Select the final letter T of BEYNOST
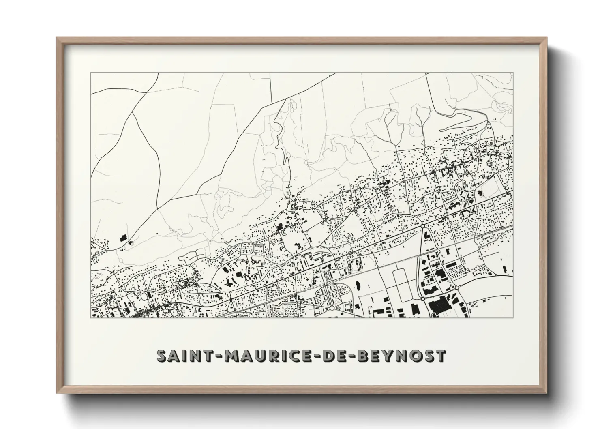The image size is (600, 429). [x=441, y=356]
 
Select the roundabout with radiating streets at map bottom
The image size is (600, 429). [x=332, y=308]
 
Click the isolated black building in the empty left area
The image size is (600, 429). [x=123, y=238]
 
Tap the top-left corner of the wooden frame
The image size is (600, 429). [x=57, y=39]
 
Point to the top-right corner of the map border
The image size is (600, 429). [x=513, y=73]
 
